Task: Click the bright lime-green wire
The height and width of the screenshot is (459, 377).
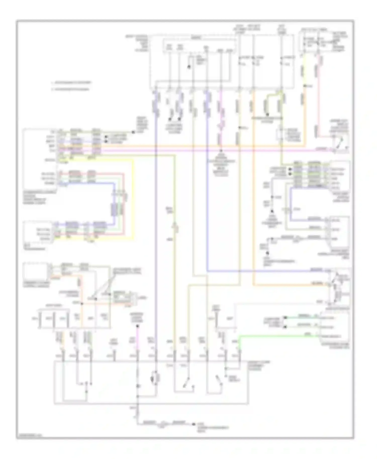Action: click(276, 336)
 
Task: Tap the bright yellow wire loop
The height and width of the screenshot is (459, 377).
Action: click(133, 201)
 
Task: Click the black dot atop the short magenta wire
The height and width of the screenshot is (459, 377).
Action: click(137, 326)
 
